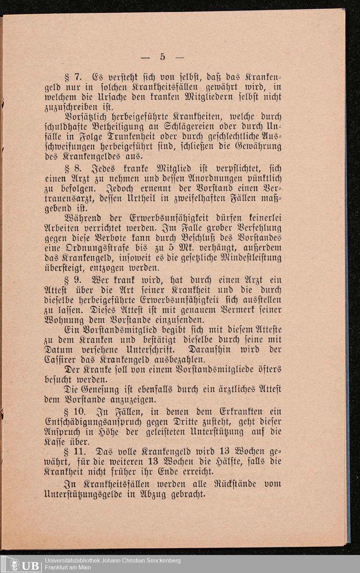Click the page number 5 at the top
click(x=162, y=57)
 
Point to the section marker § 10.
click(x=75, y=412)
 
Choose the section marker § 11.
click(x=75, y=452)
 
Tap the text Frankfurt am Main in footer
click(x=68, y=568)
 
